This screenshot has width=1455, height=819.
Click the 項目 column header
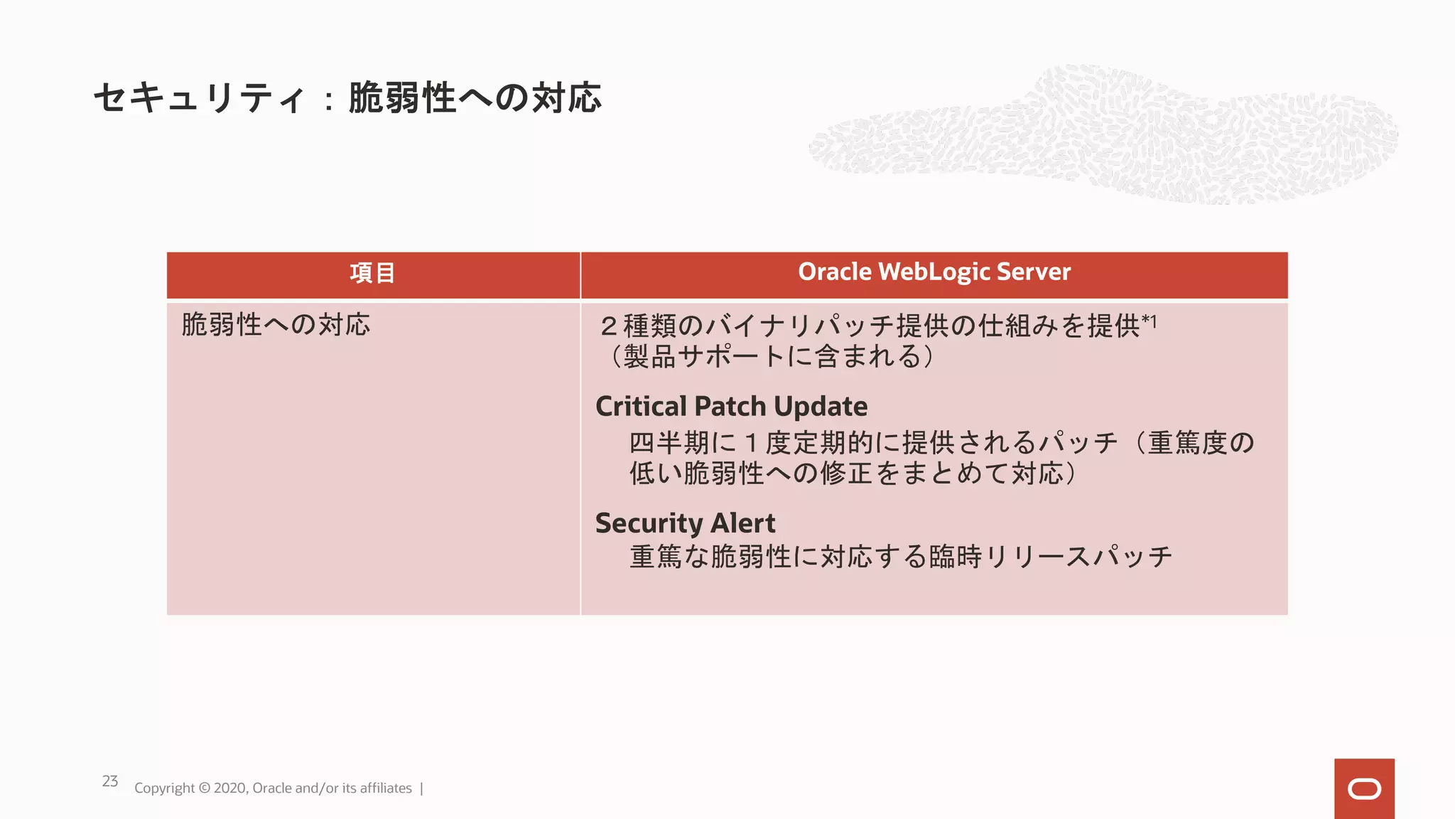372,273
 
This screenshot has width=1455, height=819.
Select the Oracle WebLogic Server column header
934,272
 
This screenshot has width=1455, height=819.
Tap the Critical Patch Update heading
731,407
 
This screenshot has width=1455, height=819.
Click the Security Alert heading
685,523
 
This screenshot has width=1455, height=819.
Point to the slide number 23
110,781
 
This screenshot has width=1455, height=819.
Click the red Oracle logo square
1363,788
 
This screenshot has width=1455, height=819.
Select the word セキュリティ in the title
200,98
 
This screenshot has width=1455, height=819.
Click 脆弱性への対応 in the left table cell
276,325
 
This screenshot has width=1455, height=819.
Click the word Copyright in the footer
164,788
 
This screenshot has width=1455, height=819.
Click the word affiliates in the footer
385,788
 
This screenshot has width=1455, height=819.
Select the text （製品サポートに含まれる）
771,356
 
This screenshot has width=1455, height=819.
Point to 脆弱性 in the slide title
402,98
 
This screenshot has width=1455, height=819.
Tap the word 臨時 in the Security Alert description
956,557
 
